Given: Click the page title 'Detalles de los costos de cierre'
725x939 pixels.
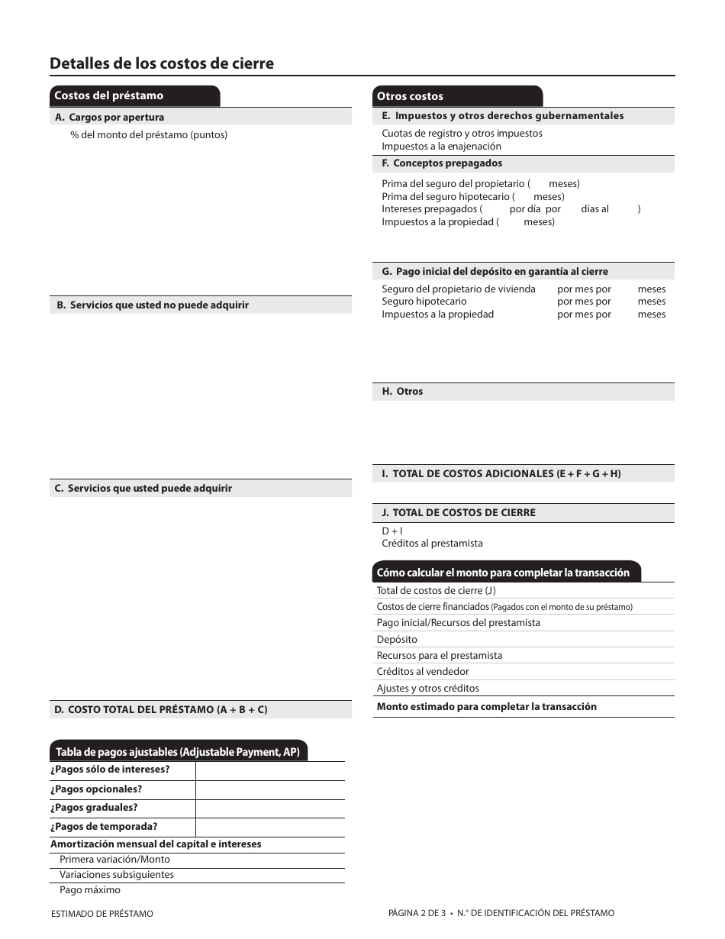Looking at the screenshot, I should (162, 63).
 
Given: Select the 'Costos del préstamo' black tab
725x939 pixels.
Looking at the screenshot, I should (108, 96).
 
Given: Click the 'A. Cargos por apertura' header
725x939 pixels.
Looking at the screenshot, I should (109, 118).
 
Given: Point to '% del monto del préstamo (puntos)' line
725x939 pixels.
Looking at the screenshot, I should (149, 135).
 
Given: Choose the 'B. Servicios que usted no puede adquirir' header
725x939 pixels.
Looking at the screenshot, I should (153, 305).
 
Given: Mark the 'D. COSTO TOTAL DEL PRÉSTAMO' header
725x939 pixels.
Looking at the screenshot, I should (160, 710).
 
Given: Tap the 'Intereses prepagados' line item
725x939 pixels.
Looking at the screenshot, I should (432, 209).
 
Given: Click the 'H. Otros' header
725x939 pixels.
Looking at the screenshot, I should (402, 392).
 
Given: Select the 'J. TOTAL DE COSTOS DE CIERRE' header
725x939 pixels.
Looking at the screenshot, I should (459, 513).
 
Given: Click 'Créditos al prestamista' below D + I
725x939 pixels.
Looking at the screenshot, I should (432, 544).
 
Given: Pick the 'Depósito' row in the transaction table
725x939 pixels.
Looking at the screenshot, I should (397, 640).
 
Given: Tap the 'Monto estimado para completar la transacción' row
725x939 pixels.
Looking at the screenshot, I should (486, 707).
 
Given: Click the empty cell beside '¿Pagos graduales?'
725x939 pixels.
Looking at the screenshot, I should (269, 808).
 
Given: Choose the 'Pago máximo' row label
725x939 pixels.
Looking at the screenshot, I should (90, 890).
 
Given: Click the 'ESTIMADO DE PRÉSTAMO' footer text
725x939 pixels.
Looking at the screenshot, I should (101, 914).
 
